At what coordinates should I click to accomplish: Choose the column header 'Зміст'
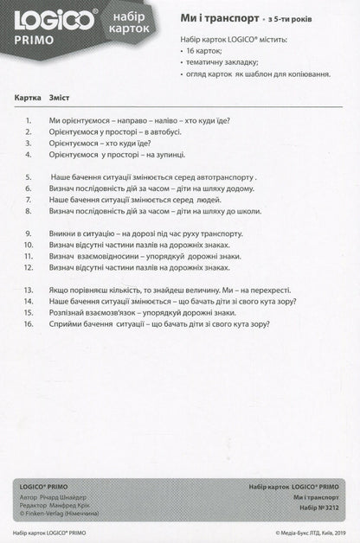61,98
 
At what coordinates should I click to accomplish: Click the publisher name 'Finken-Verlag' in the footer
41,518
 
